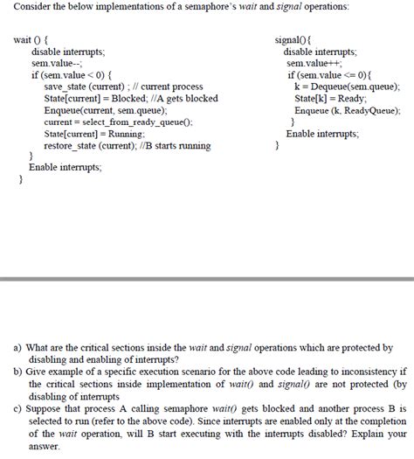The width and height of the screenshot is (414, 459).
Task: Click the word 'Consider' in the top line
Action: click(33, 7)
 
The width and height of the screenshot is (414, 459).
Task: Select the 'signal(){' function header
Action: click(299, 40)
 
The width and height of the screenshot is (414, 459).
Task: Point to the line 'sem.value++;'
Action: click(314, 64)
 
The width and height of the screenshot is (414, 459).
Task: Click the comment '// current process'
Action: click(164, 87)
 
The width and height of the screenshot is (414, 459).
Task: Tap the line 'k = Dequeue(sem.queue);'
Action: click(347, 87)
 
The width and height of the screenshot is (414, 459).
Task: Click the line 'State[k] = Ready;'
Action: click(329, 99)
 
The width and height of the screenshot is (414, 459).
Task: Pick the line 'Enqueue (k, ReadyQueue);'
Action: click(348, 111)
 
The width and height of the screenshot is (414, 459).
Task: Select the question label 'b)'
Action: click(17, 372)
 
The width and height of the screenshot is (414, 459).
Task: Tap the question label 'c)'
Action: click(17, 408)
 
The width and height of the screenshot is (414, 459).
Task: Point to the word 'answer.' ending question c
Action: click(45, 445)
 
